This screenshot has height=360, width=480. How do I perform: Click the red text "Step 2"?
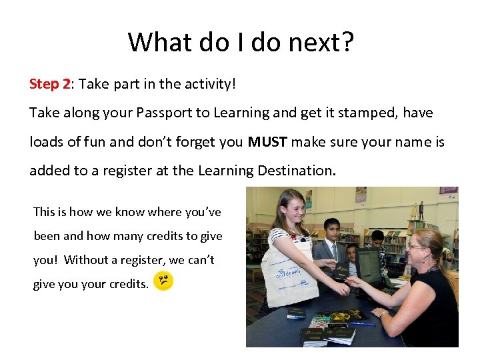click(x=49, y=84)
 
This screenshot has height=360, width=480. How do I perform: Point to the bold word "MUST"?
click(x=267, y=142)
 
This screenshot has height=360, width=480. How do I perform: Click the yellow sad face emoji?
click(x=163, y=281)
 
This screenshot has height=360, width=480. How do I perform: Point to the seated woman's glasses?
click(x=415, y=246)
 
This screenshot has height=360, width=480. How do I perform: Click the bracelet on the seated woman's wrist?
click(x=384, y=313)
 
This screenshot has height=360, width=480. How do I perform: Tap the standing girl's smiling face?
click(x=294, y=208)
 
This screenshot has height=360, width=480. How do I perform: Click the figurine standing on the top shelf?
click(x=421, y=210)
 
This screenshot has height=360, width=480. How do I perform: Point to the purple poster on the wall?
click(x=361, y=195)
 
